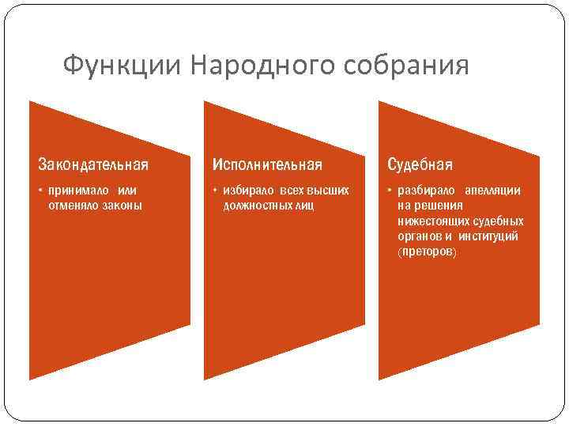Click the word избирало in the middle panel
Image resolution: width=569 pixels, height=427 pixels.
click(x=247, y=191)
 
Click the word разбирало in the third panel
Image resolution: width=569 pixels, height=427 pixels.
click(x=427, y=191)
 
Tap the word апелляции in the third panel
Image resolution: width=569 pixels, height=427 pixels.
click(x=492, y=191)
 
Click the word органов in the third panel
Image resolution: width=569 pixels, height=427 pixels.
click(x=420, y=236)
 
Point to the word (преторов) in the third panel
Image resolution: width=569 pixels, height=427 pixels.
click(x=428, y=251)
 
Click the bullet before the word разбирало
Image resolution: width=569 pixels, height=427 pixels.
click(x=390, y=191)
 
